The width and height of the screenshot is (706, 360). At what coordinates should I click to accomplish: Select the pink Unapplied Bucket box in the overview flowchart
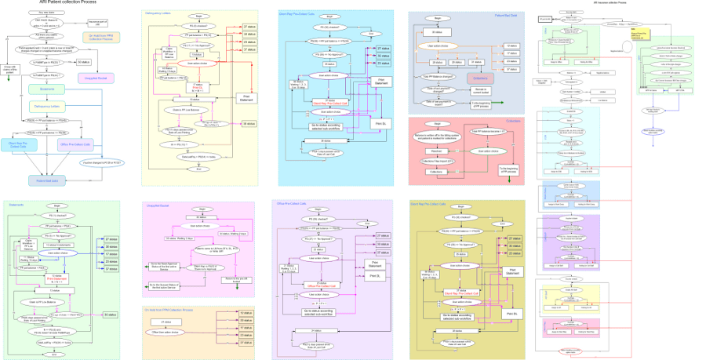(x=96, y=78)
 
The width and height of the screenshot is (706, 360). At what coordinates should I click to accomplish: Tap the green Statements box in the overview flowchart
(x=46, y=90)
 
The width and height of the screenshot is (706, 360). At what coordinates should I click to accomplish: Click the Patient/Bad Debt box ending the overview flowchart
(x=46, y=180)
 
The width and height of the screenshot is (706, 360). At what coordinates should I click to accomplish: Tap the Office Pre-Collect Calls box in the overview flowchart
(x=96, y=144)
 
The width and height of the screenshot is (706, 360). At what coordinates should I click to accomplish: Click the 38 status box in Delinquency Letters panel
(x=248, y=124)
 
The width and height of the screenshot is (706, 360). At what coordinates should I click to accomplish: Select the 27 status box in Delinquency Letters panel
(x=248, y=27)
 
